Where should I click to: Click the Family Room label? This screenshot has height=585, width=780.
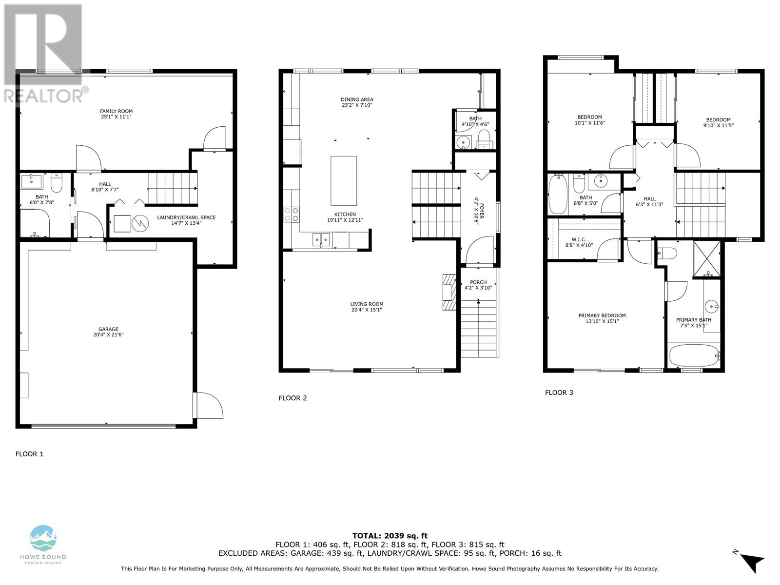tap(116, 111)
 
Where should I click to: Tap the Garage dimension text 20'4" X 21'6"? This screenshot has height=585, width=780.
tap(108, 334)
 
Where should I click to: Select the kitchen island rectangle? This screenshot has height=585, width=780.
tap(343, 181)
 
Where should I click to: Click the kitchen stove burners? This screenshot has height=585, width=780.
tap(291, 215)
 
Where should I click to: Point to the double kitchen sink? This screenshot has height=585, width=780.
tap(321, 239)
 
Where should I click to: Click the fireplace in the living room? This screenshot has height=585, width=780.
tap(449, 292)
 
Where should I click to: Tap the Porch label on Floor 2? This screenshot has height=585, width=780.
tap(478, 282)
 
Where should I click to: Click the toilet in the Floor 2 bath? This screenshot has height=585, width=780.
tap(484, 140)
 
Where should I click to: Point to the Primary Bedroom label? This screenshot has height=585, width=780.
tap(602, 315)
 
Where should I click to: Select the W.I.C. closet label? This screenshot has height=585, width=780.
tap(579, 240)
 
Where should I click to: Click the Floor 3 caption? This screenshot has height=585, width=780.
tap(559, 392)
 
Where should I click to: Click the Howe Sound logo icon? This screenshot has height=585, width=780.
tap(43, 538)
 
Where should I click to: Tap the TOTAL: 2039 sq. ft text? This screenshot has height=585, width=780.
tap(390, 536)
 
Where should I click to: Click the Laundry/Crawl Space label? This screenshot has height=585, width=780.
tap(186, 217)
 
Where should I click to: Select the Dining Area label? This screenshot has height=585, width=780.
tap(357, 99)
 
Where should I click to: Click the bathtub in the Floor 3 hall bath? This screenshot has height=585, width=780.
tap(558, 195)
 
